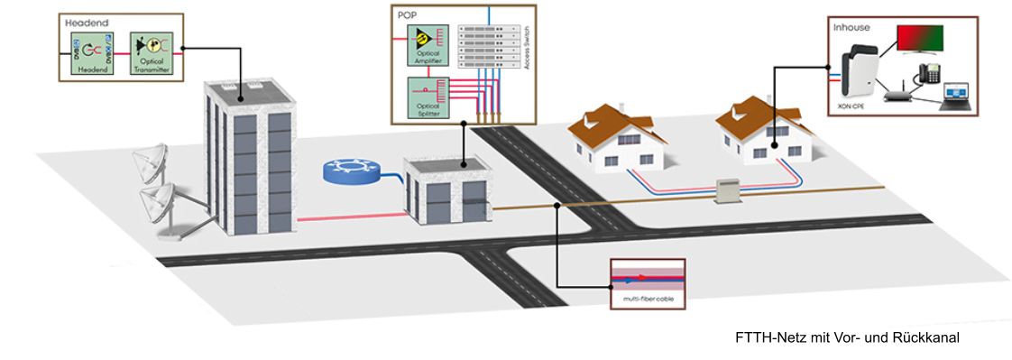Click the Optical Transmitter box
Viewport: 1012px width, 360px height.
(x=150, y=53)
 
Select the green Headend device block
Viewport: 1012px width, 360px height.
(x=91, y=53)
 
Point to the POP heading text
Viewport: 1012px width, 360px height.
(x=407, y=15)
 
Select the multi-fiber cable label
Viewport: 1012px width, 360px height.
(x=649, y=298)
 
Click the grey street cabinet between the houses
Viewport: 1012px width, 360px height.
(x=727, y=189)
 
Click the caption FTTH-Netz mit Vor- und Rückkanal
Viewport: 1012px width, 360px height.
(x=847, y=337)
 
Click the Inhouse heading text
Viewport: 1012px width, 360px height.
(x=852, y=27)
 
